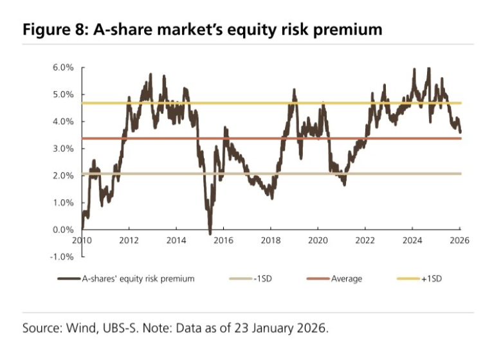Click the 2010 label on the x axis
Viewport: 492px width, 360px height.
pos(82,241)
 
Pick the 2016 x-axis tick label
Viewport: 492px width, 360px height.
pos(223,241)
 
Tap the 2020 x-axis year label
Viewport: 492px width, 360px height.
pos(318,241)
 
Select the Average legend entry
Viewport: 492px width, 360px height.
pos(346,279)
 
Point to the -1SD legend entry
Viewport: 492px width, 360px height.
pos(263,279)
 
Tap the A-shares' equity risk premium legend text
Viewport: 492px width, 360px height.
pos(137,279)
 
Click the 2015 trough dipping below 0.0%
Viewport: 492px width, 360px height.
pos(210,233)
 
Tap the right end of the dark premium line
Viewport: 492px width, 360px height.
pos(460,132)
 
